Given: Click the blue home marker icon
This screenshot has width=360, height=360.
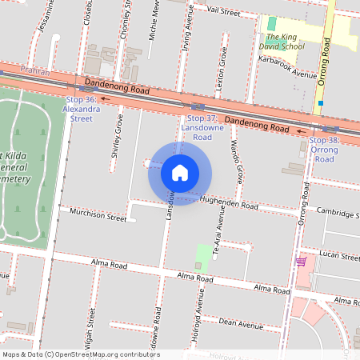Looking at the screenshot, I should [180, 173].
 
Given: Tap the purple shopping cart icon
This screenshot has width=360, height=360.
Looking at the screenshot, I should [301, 262].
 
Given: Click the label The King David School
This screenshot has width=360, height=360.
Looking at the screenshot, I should [285, 42].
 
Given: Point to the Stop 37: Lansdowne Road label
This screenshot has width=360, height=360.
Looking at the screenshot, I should [197, 127].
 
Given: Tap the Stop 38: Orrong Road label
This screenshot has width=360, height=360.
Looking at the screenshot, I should [324, 150].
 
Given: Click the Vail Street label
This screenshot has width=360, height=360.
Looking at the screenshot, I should [223, 13].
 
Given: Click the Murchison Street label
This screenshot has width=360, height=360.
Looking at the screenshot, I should [98, 217].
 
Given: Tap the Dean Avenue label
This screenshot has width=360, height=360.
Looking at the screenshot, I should [240, 325].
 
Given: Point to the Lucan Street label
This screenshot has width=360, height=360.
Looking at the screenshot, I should [339, 257].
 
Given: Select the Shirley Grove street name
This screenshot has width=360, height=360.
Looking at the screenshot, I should [118, 136].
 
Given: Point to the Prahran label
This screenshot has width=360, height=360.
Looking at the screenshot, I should [35, 72].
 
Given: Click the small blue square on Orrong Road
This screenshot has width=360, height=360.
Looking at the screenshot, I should [320, 102].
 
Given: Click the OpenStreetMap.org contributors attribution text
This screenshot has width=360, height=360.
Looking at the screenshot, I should [107, 354].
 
